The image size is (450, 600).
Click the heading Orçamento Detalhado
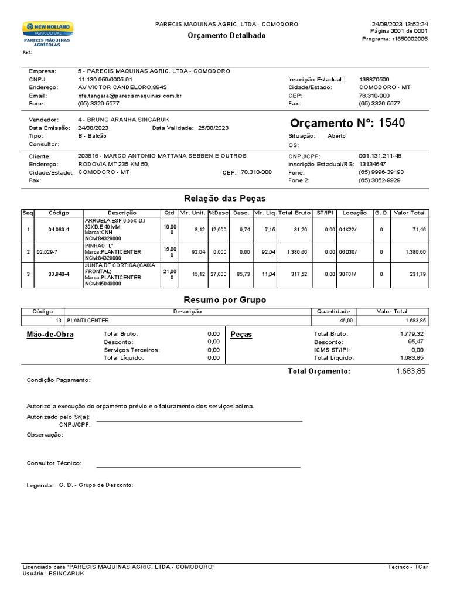click(226, 36)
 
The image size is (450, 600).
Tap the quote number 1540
click(391, 123)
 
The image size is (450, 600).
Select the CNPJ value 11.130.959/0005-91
click(105, 79)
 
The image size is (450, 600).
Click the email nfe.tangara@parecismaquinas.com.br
click(129, 96)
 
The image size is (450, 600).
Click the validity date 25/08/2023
click(213, 128)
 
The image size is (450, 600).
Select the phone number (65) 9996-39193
click(381, 172)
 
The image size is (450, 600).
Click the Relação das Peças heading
click(225, 199)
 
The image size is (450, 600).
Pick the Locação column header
click(354, 213)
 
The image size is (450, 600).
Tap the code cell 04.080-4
click(59, 229)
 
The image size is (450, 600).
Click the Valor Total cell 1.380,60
click(415, 251)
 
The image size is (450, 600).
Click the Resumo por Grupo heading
click(225, 299)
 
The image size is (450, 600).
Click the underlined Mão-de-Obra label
click(50, 335)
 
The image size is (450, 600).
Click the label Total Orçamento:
click(319, 371)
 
